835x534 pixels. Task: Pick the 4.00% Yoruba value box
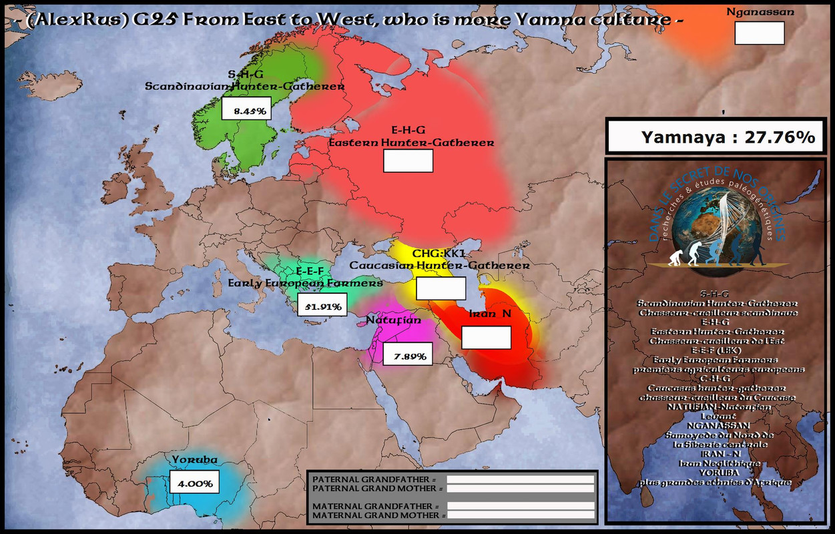(x=195, y=482)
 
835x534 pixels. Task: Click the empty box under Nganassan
(x=759, y=33)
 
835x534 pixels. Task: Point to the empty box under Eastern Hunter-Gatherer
(x=408, y=161)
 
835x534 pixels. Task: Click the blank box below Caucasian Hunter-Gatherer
(x=441, y=288)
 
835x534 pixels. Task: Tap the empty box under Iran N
(x=486, y=338)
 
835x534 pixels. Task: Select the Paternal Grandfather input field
(x=520, y=479)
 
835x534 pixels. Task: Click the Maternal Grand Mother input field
(x=520, y=515)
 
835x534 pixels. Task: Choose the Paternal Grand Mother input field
(x=520, y=489)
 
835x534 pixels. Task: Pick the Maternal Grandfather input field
(x=520, y=506)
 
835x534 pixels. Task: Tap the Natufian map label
(x=394, y=320)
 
